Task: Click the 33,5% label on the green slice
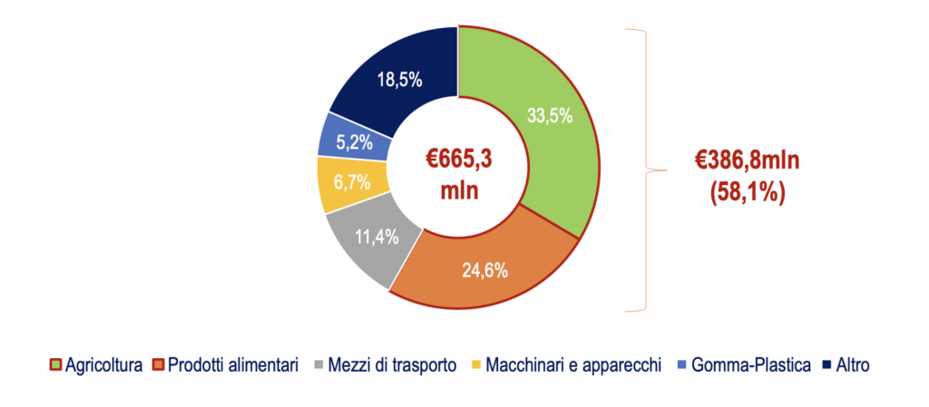point(550,116)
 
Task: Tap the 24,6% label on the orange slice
point(485,271)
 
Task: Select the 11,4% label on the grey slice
point(377,237)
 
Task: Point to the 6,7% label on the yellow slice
point(352,182)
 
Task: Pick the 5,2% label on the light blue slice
point(355,142)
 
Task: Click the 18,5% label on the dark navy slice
point(400,79)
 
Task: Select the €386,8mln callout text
point(747,161)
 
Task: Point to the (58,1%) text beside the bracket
point(748,193)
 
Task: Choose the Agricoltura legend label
point(104,365)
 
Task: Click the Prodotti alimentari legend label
point(232,365)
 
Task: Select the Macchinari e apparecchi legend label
point(572,365)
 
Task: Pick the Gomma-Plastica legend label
point(750,365)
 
